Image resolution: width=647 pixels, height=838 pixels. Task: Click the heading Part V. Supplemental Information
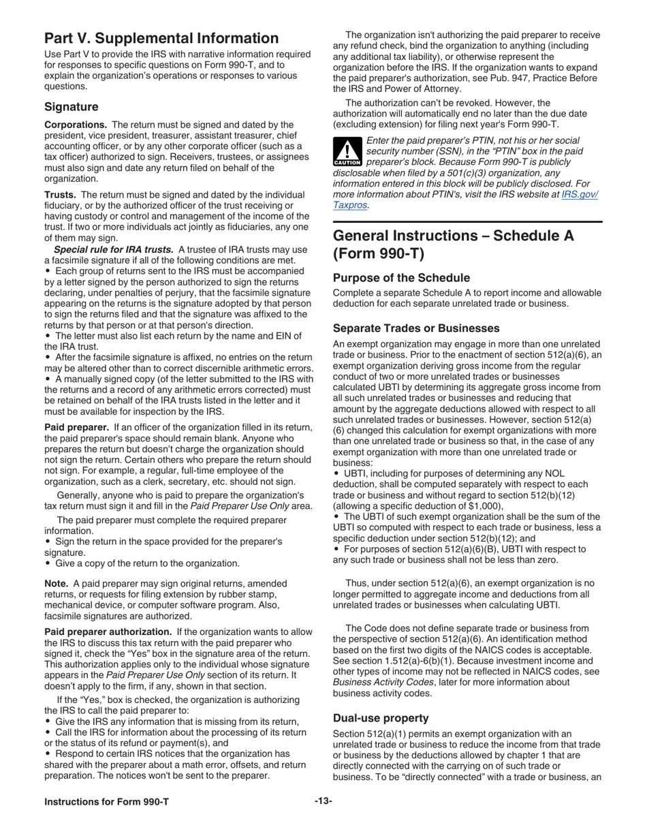161,38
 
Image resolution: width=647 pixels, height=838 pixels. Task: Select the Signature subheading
71,107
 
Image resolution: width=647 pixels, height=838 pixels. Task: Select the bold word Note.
56,583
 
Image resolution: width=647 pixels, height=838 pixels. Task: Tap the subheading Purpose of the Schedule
401,278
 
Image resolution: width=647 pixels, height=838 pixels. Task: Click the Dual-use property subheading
381,718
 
